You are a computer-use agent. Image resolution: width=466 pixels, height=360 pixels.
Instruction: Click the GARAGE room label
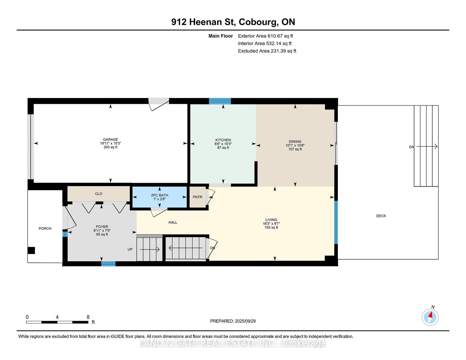[110, 139]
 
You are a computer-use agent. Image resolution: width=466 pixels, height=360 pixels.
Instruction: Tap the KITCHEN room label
[223, 140]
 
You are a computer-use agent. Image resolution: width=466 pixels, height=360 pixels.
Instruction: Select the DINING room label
[295, 142]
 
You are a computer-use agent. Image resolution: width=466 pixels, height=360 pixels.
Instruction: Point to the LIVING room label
[271, 220]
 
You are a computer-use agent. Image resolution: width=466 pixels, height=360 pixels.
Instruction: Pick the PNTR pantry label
[198, 197]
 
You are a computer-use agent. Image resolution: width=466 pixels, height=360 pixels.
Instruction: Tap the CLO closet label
[99, 194]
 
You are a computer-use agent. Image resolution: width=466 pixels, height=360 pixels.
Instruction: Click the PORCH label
[45, 229]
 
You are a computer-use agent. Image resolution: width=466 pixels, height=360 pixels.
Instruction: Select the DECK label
[381, 216]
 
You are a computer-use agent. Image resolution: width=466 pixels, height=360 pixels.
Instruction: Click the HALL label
[173, 222]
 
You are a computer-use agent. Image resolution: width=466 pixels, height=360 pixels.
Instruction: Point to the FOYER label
[102, 226]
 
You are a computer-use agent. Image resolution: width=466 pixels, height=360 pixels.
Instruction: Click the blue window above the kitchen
[220, 101]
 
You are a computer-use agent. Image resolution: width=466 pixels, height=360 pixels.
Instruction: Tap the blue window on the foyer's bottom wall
[108, 264]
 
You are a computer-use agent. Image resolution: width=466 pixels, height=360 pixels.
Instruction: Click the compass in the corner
[430, 317]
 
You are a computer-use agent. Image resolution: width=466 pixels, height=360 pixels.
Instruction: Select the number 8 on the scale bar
[88, 317]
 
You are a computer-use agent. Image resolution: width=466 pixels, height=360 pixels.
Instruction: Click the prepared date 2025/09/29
[245, 321]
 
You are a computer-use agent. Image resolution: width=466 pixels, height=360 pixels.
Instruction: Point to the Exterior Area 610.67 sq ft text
[265, 36]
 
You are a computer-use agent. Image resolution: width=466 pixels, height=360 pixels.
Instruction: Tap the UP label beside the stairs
[130, 249]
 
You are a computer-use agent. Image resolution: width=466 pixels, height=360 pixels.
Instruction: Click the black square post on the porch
[31, 250]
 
